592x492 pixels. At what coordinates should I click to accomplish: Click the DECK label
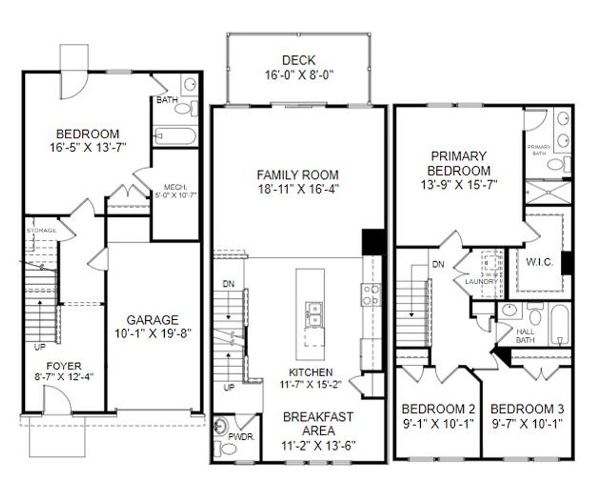[x=299, y=60]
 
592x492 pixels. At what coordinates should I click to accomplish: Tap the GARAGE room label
[x=153, y=320]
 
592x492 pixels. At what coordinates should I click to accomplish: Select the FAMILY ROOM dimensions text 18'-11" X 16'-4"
[x=298, y=189]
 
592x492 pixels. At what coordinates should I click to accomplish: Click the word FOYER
[x=64, y=366]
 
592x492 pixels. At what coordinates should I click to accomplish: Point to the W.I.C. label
[x=539, y=262]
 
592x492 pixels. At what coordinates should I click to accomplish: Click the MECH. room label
[x=175, y=187]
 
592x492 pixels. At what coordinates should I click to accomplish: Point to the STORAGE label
[x=41, y=231]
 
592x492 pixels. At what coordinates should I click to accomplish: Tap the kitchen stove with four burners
[x=371, y=295]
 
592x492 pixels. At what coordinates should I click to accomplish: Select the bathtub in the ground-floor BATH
[x=176, y=136]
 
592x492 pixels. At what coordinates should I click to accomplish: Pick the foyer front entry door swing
[x=57, y=400]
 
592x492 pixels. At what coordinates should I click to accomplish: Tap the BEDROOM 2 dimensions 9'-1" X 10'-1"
[x=438, y=423]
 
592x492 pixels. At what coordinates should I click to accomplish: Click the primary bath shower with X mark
[x=548, y=192]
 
